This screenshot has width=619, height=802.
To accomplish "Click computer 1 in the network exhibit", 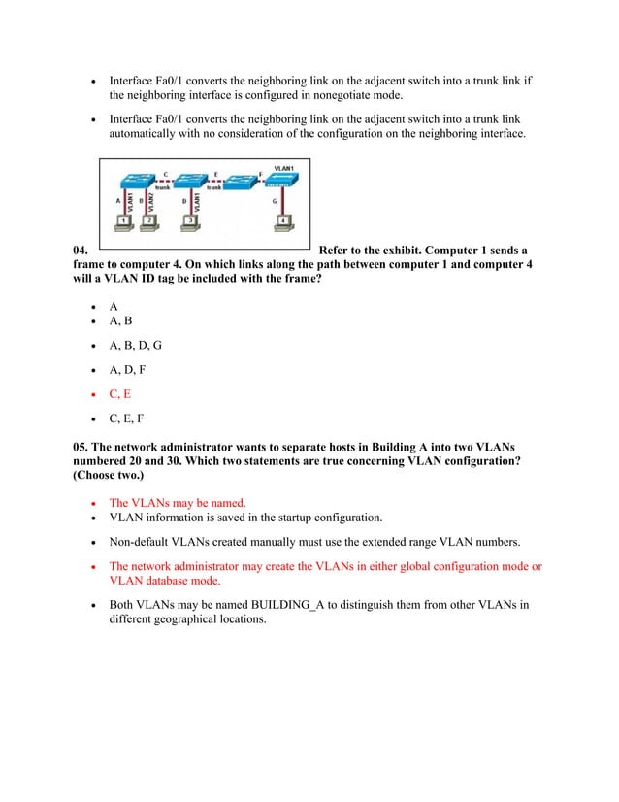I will point(124,220).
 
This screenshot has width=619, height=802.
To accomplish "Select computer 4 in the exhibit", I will point(282,220).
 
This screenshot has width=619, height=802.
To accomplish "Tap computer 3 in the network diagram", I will point(190,220).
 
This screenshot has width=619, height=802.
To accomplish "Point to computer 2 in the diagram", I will point(148,220).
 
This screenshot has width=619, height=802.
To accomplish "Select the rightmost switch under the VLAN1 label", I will point(283,180).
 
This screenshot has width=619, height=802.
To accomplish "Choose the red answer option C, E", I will point(119,394).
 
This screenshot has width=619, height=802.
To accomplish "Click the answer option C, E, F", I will point(127,419).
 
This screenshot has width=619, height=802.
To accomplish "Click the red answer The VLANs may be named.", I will point(178,503).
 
